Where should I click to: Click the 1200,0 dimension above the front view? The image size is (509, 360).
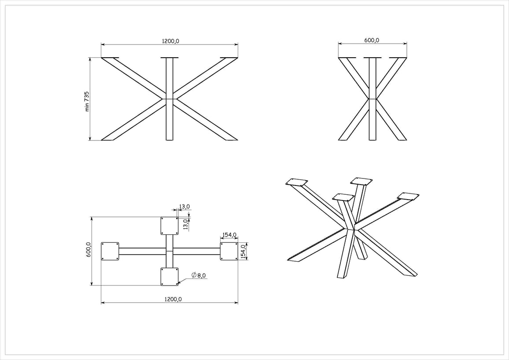pyautogui.click(x=170, y=41)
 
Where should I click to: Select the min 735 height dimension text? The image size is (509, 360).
pyautogui.click(x=87, y=101)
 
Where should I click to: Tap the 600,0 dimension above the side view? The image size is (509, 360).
pyautogui.click(x=372, y=40)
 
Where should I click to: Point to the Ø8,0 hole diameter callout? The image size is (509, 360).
pyautogui.click(x=198, y=275)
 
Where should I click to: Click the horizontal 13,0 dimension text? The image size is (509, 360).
pyautogui.click(x=184, y=206)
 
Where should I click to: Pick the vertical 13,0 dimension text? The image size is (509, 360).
pyautogui.click(x=185, y=224)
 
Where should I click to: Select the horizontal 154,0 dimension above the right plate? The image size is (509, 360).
pyautogui.click(x=229, y=235)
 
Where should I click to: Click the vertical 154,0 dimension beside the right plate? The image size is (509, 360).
pyautogui.click(x=243, y=251)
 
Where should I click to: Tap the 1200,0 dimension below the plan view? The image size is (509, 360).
pyautogui.click(x=173, y=299)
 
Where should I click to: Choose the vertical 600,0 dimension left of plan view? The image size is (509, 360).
pyautogui.click(x=89, y=250)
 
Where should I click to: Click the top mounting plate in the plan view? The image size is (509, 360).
pyautogui.click(x=170, y=226)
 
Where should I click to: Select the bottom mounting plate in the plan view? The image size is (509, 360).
pyautogui.click(x=170, y=276)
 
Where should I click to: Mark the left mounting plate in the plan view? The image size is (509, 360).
pyautogui.click(x=110, y=251)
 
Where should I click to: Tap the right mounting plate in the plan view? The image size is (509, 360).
pyautogui.click(x=229, y=251)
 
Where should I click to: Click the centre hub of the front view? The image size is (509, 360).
pyautogui.click(x=170, y=98)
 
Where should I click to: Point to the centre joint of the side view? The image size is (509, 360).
pyautogui.click(x=373, y=98)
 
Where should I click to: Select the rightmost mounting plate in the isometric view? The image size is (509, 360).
pyautogui.click(x=408, y=196)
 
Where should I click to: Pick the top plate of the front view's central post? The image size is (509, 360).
pyautogui.click(x=170, y=58)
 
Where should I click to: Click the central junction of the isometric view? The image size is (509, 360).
pyautogui.click(x=350, y=229)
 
